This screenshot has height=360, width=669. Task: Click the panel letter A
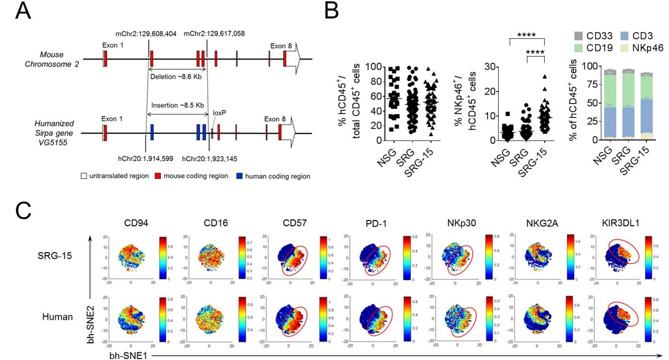click(23, 11)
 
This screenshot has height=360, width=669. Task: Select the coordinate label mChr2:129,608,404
click(146, 34)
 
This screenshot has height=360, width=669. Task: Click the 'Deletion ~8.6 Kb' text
click(176, 76)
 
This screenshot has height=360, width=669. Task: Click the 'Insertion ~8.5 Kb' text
click(176, 105)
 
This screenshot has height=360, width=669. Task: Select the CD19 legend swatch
click(579, 47)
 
